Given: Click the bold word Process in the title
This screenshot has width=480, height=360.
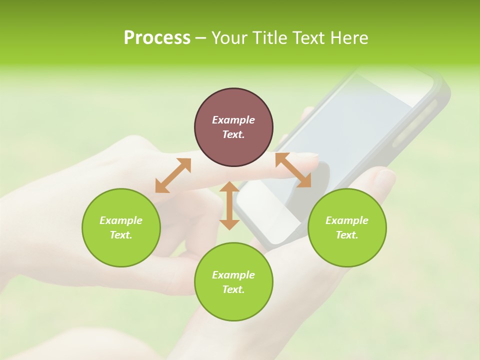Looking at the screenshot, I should (157, 38).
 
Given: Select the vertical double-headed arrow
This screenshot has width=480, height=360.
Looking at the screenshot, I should (229, 205).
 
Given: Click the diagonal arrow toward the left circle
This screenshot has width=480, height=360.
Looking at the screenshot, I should (173, 175).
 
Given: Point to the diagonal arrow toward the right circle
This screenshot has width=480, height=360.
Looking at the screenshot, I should (293, 170).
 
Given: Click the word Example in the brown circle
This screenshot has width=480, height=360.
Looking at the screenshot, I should (233, 120).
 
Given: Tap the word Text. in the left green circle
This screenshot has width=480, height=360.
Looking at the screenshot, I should (121, 235).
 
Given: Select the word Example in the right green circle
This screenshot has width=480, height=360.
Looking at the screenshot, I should (347, 220).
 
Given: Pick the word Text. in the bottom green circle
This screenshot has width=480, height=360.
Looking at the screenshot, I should (233, 289).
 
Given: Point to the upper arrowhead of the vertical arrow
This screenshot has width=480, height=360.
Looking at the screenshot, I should (229, 186).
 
